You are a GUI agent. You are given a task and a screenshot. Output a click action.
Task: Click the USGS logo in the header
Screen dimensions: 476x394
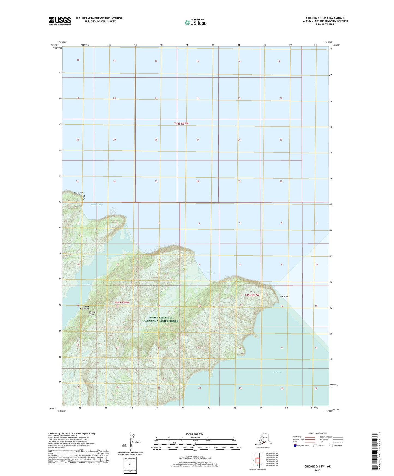(x=60, y=21)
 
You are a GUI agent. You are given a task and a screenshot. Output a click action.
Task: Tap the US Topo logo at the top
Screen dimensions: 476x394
(x=195, y=22)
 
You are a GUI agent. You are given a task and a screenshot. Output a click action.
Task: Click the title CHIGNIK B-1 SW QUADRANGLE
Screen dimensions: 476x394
(x=325, y=18)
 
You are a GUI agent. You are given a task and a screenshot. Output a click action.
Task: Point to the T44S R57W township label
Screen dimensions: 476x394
(x=181, y=124)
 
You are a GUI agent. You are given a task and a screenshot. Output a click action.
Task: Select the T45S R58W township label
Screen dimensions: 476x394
(x=122, y=303)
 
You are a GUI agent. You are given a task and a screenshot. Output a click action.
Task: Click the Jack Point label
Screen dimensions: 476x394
(x=284, y=296)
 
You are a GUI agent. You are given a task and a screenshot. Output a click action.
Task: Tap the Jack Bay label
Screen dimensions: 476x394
(x=210, y=273)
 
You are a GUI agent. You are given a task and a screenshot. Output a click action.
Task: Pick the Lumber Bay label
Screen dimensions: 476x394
(x=97, y=204)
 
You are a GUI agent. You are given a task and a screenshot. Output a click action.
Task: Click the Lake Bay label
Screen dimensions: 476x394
(x=86, y=284)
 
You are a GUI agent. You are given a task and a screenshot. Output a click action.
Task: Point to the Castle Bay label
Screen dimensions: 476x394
(x=277, y=372)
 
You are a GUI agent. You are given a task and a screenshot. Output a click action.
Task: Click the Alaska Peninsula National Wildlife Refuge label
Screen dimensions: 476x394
(x=161, y=319)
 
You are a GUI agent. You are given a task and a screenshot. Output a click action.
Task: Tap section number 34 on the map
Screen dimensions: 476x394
(x=198, y=182)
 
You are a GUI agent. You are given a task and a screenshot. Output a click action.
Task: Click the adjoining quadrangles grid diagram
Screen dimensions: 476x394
(x=257, y=461)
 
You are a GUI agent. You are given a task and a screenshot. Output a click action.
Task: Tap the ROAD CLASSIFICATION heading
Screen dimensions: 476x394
(x=317, y=433)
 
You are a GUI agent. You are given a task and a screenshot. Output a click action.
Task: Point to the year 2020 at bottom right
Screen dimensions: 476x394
(x=317, y=470)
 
